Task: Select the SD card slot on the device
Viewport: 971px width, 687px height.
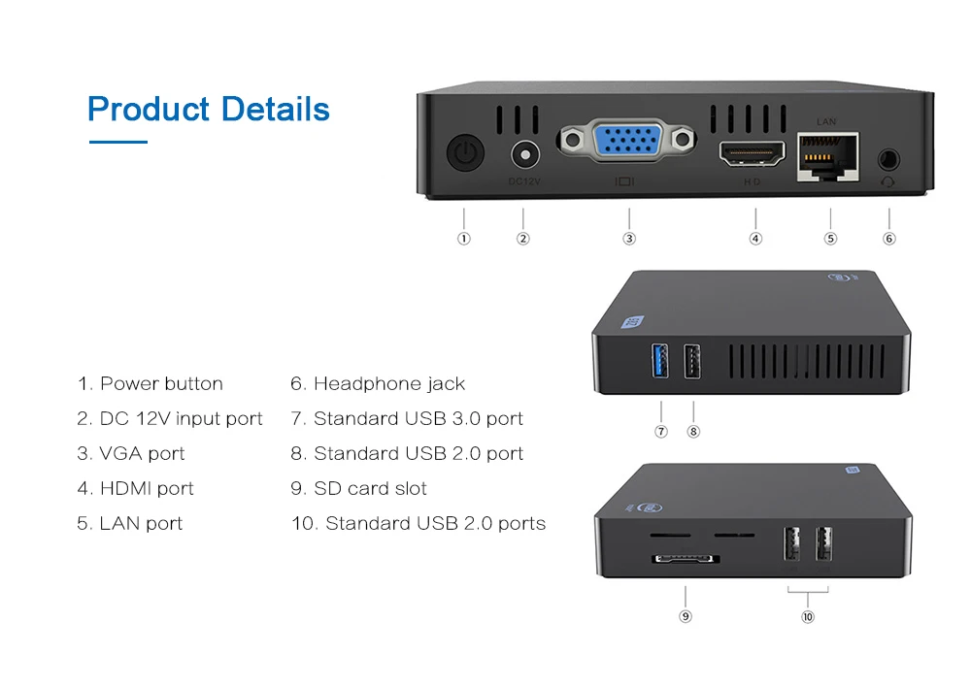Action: pos(685,559)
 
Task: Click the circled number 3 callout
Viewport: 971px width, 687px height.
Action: pos(629,238)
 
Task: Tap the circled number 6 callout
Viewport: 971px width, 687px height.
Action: pos(889,238)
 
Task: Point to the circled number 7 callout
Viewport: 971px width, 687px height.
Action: pos(661,431)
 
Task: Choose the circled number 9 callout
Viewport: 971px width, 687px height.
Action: pos(686,616)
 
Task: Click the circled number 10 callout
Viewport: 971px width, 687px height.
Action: pos(808,616)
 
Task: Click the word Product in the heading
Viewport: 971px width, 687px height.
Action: pos(149,109)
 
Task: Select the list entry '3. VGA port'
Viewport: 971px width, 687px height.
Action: pos(131,453)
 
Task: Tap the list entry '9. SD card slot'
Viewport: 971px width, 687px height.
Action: pos(358,488)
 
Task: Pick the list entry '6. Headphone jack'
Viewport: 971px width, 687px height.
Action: pos(378,383)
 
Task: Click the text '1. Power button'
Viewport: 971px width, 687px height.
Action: pos(151,383)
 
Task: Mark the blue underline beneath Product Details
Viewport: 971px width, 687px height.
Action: pos(117,143)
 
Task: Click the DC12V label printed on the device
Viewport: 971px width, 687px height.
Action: pos(524,180)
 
